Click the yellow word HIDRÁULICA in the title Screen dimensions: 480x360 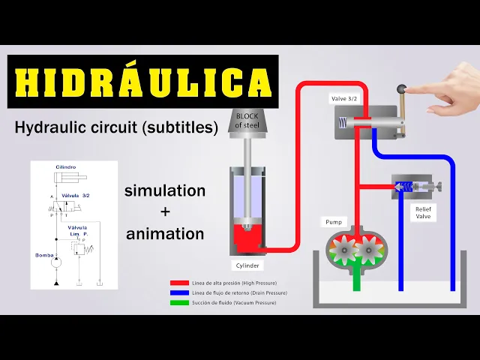coord(142,82)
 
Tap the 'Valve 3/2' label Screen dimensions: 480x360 coord(346,98)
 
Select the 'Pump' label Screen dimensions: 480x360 coord(333,222)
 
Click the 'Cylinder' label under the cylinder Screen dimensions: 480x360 coord(247,265)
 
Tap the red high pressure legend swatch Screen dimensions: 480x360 coord(179,283)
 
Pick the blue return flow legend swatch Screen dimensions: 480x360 coord(179,292)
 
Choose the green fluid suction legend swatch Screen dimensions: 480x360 coord(179,302)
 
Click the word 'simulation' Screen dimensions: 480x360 coord(165,190)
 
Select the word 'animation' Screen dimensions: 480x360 coord(165,233)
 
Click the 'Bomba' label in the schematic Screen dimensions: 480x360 coord(43,256)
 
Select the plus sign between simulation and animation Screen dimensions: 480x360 coord(165,212)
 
